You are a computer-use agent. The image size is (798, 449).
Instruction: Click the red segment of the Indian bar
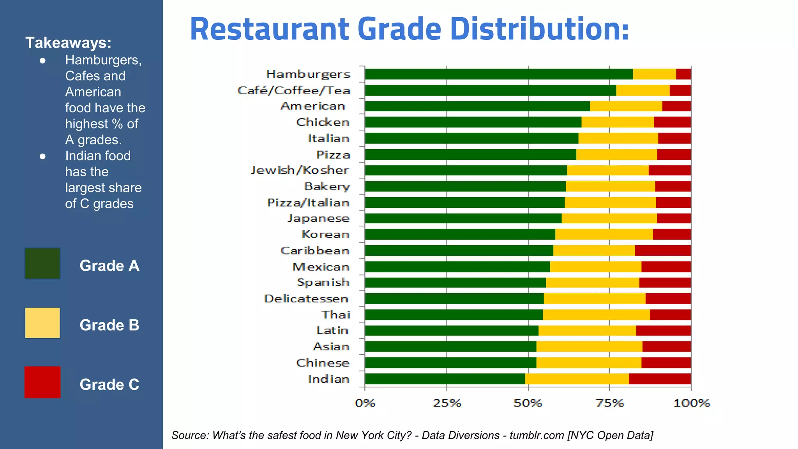tap(659, 379)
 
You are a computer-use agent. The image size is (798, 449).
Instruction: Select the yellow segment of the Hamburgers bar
tap(654, 74)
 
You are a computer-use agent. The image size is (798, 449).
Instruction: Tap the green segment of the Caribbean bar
tap(459, 251)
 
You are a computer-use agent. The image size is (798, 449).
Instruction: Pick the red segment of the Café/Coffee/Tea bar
tap(680, 90)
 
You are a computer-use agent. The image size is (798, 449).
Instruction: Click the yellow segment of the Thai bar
tap(596, 315)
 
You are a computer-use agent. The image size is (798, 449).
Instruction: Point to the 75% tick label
tap(610, 403)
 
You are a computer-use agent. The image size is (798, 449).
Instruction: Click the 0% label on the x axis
tap(365, 403)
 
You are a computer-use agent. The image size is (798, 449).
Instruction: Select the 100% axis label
tap(691, 403)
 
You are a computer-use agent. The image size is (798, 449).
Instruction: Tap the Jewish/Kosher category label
tap(300, 170)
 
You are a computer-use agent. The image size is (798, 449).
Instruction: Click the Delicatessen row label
tap(306, 299)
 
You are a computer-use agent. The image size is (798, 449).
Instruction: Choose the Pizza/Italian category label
tap(308, 203)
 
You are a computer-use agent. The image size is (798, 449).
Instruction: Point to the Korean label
tap(325, 235)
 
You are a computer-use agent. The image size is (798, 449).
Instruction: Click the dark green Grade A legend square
tap(42, 263)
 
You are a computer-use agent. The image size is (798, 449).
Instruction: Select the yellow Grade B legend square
tap(42, 323)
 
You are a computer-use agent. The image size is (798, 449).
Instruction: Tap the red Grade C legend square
tap(42, 382)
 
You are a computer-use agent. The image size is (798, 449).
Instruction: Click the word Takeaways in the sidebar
tap(68, 43)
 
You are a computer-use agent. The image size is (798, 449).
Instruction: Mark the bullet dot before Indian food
tap(43, 157)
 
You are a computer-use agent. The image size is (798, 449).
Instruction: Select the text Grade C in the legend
tap(109, 385)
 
